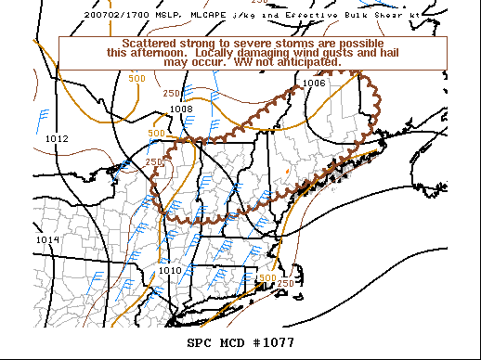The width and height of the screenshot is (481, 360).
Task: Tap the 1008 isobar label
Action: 181,109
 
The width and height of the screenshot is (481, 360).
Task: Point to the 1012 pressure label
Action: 57,138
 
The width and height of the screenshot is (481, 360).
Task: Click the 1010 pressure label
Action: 170,270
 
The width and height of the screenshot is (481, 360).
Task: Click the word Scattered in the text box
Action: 151,45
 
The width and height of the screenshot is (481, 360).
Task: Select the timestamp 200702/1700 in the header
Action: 114,15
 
